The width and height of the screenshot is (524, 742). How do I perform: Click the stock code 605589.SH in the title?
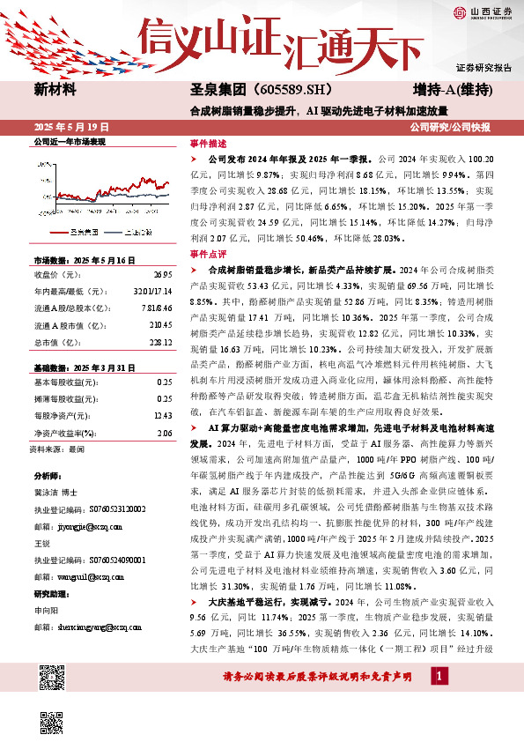275,89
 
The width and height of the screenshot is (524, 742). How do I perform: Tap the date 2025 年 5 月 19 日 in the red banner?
70,127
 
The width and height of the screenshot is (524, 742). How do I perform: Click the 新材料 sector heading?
55,89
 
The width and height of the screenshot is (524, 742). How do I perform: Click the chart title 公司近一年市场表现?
69,141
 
